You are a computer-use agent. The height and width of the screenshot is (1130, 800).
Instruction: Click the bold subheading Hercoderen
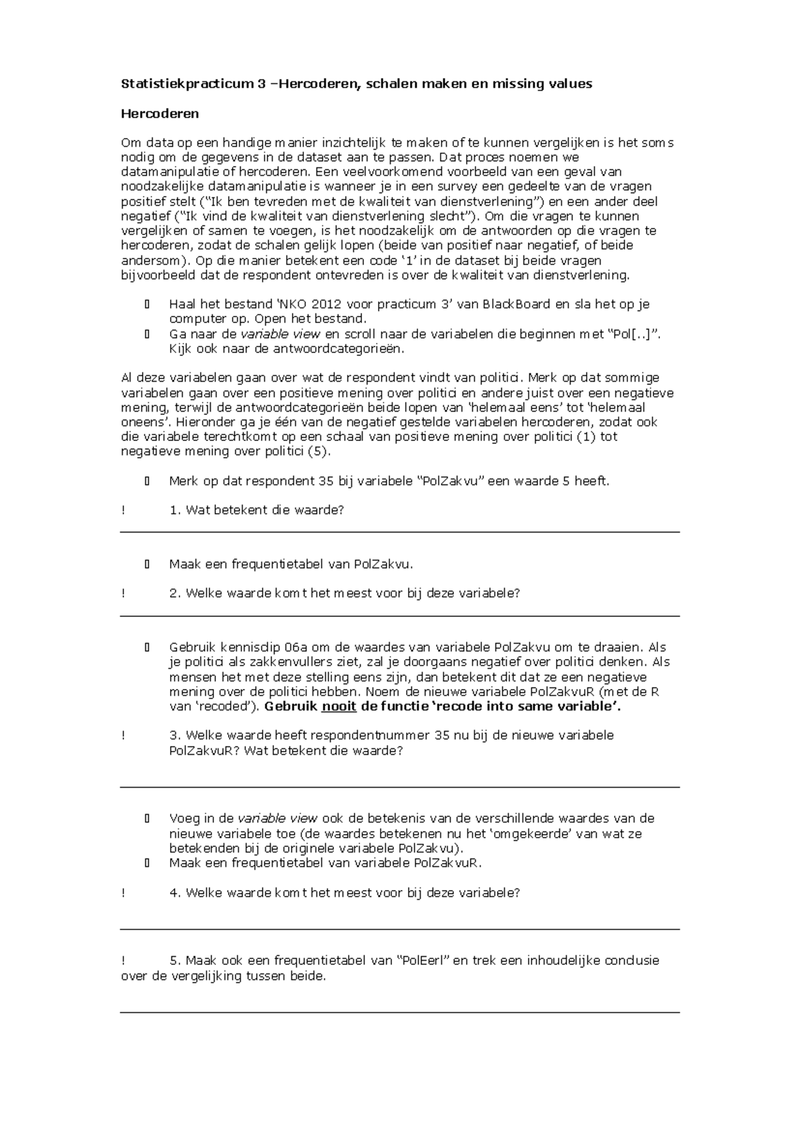tap(159, 113)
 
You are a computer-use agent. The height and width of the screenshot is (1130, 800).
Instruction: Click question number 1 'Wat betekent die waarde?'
tap(257, 510)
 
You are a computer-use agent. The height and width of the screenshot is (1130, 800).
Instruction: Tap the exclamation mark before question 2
tap(123, 594)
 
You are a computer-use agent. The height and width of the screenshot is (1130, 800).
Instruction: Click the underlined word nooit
tap(339, 706)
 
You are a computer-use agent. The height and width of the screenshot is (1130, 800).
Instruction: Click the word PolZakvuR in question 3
tap(200, 751)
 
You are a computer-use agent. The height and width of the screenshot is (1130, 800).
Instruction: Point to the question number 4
tap(175, 893)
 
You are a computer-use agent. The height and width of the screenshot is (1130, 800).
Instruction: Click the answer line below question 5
tap(400, 1013)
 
